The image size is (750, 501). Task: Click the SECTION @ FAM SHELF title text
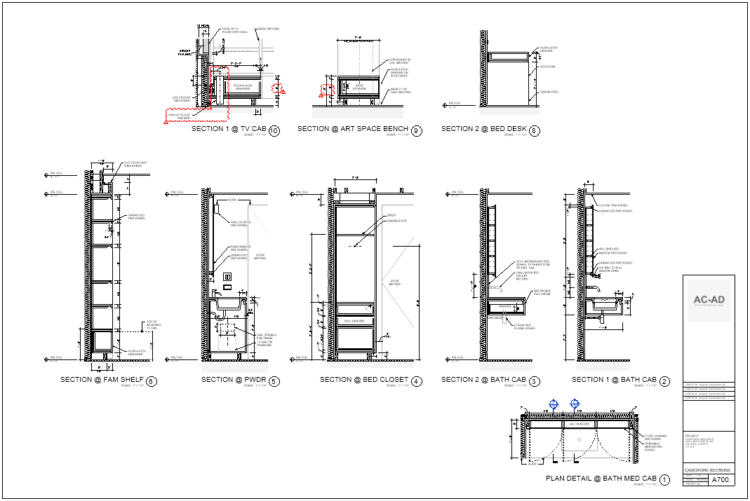[x=102, y=380]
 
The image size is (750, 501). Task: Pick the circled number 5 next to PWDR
[x=274, y=382]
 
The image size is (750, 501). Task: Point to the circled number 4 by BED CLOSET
[x=417, y=382]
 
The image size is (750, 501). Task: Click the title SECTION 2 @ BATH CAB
[x=483, y=380]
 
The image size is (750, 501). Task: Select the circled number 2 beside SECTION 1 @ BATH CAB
[x=665, y=382]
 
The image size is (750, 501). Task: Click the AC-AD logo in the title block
[x=709, y=300]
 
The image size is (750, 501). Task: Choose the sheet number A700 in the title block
[x=721, y=481]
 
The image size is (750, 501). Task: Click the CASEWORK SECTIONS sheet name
[x=708, y=470]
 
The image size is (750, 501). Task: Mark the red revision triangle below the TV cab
[x=166, y=122]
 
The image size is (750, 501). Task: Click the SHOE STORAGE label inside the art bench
[x=359, y=87]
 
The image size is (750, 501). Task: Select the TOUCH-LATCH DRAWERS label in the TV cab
[x=242, y=88]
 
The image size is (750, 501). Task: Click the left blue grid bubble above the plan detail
[x=554, y=404]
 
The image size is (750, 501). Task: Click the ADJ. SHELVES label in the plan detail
[x=579, y=424]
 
